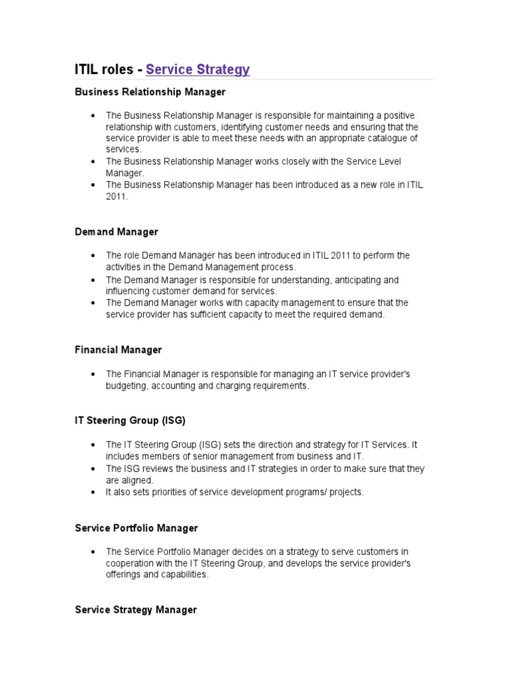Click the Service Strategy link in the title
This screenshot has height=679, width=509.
coord(198,69)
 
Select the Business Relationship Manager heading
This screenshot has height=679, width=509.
coord(150,92)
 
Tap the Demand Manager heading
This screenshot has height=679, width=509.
coord(116,232)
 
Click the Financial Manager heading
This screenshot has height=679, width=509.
coord(118,349)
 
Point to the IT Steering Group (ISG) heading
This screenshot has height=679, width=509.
coord(130,420)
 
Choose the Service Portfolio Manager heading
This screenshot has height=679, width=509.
coord(136,528)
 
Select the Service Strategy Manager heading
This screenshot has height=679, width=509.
coord(135,609)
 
